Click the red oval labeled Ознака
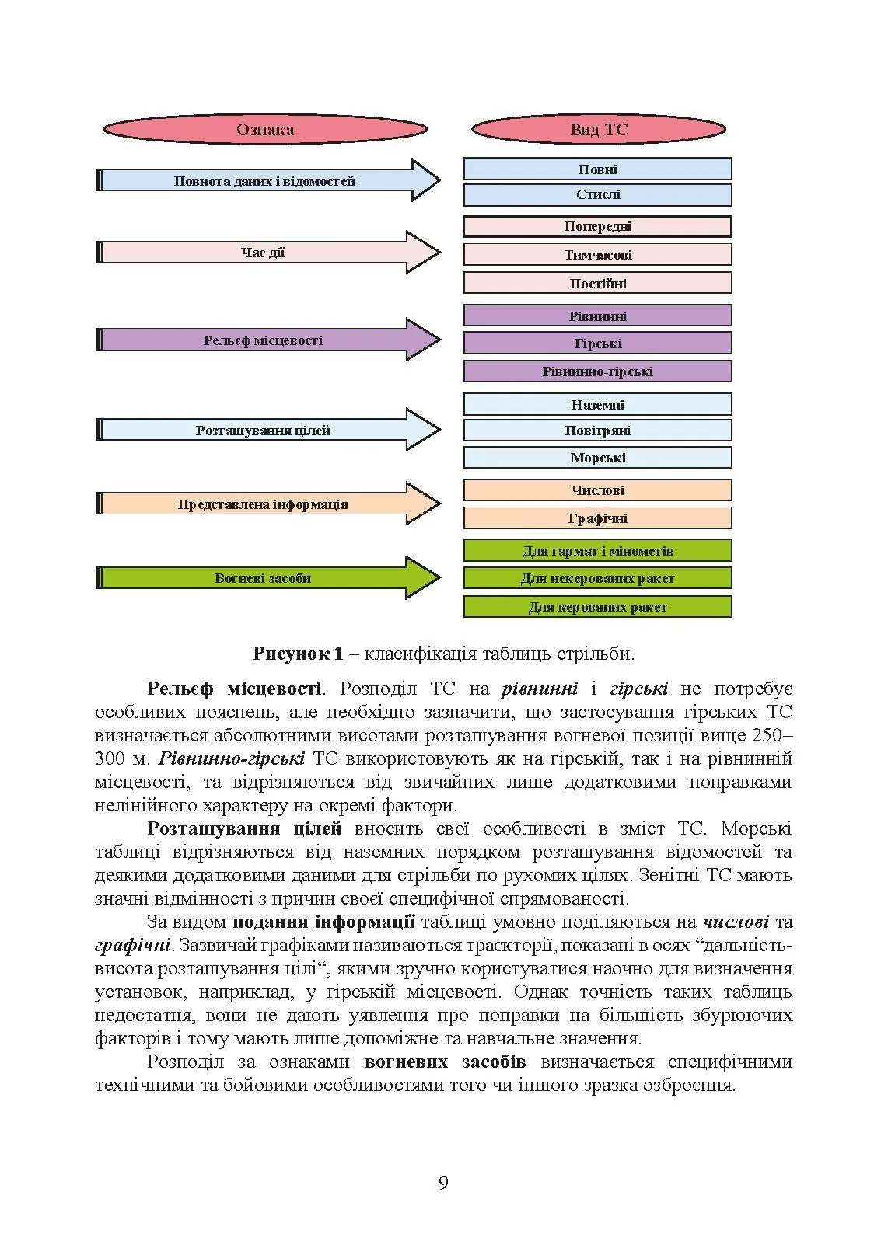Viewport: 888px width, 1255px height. click(265, 129)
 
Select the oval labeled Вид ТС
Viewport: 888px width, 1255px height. click(598, 129)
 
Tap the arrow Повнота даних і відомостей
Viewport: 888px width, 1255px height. click(264, 180)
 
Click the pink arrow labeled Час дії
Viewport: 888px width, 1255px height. click(264, 252)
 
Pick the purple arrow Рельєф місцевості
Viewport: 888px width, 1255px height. click(264, 340)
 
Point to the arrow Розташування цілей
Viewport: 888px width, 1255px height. click(264, 430)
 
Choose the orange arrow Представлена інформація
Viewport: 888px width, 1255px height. click(264, 504)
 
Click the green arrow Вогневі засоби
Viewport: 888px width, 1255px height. click(264, 577)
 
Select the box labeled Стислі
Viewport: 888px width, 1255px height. click(598, 194)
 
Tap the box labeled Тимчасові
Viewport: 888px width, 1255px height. click(598, 254)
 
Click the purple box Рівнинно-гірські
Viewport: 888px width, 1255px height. click(598, 371)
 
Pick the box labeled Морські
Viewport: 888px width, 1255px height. click(598, 457)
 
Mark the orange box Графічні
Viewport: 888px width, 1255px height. click(598, 518)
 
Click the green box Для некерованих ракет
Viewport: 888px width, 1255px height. click(598, 577)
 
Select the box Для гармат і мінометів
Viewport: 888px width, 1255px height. click(598, 550)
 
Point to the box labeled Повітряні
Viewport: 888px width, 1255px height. click(598, 430)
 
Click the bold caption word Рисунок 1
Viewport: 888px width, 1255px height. click(298, 654)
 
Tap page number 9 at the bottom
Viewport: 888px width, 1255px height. click(443, 1183)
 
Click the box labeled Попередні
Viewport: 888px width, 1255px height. click(598, 226)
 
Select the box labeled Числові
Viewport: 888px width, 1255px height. click(598, 490)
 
